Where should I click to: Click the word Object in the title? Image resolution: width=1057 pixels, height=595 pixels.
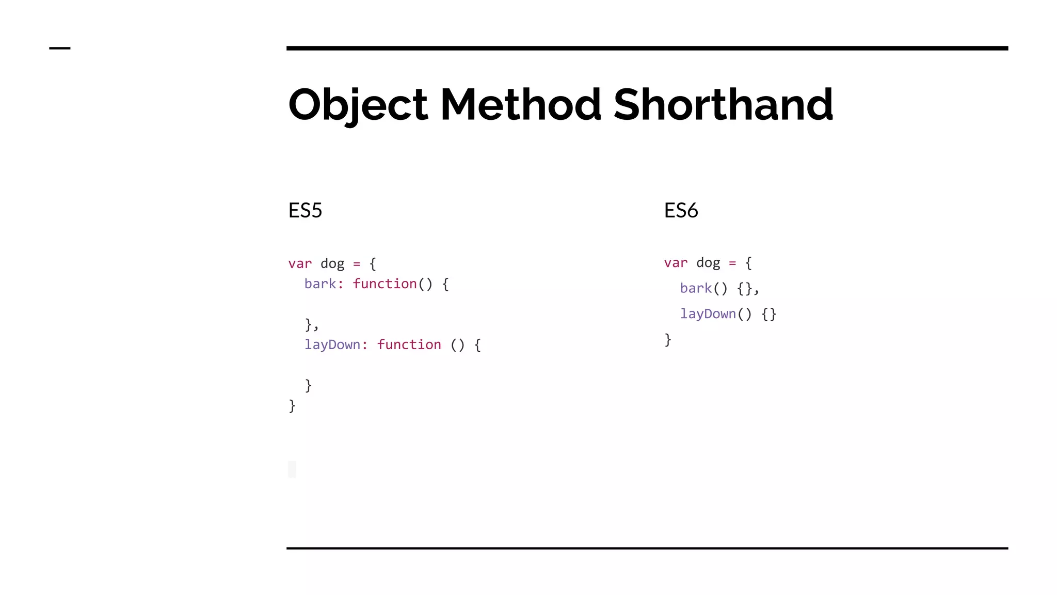tap(358, 105)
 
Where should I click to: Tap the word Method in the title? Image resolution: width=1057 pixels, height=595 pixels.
tap(520, 105)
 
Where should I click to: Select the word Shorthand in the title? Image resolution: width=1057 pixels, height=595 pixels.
tap(723, 105)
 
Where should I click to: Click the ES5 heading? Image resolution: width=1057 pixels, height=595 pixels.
tap(305, 211)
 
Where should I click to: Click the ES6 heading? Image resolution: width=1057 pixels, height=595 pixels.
tap(681, 211)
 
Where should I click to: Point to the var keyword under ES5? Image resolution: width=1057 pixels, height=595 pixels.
tap(300, 264)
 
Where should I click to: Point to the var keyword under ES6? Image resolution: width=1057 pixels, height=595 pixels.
tap(676, 263)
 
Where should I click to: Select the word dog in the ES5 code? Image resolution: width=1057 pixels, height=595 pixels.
tap(332, 264)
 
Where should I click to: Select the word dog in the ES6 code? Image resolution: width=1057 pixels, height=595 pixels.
tap(708, 263)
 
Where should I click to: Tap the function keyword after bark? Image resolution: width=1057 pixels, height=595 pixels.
tap(385, 284)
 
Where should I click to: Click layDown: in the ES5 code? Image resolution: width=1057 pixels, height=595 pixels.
tap(336, 345)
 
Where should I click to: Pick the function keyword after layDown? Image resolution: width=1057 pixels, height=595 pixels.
tap(409, 345)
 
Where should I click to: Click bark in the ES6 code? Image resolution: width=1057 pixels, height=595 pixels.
tap(696, 288)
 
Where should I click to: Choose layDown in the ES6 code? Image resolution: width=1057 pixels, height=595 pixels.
tap(708, 314)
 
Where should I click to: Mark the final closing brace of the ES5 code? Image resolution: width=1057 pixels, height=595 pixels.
tap(292, 406)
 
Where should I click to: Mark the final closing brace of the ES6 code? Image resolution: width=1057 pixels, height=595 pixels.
tap(668, 340)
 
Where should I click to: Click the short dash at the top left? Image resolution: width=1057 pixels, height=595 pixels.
tap(59, 49)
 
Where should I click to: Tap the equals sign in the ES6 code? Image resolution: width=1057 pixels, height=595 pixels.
tap(732, 263)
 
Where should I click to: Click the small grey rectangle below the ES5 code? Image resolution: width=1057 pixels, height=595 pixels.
tap(292, 469)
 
